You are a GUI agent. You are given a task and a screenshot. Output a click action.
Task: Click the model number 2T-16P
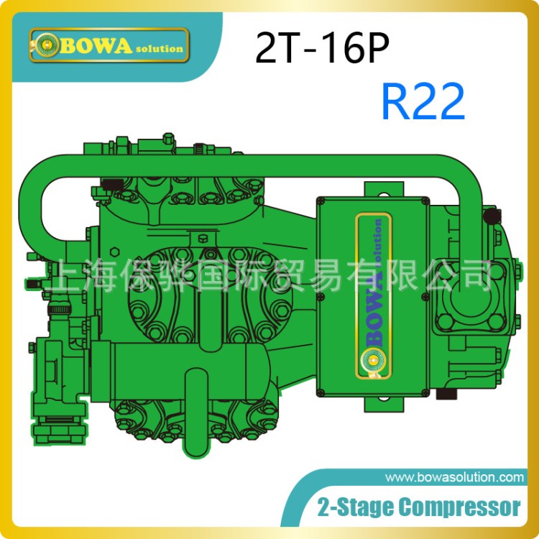pyautogui.click(x=322, y=47)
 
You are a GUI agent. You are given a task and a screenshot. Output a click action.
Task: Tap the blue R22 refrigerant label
pyautogui.click(x=423, y=102)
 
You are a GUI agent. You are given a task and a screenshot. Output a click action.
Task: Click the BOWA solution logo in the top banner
pyautogui.click(x=109, y=45)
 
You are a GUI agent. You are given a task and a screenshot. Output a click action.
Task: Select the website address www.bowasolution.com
pyautogui.click(x=454, y=477)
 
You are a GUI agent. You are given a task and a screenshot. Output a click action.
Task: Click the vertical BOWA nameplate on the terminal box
pyautogui.click(x=373, y=295)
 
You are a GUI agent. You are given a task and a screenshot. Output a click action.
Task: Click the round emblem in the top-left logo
pyautogui.click(x=47, y=45)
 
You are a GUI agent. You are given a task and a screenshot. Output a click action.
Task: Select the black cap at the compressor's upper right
pyautogui.click(x=492, y=216)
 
